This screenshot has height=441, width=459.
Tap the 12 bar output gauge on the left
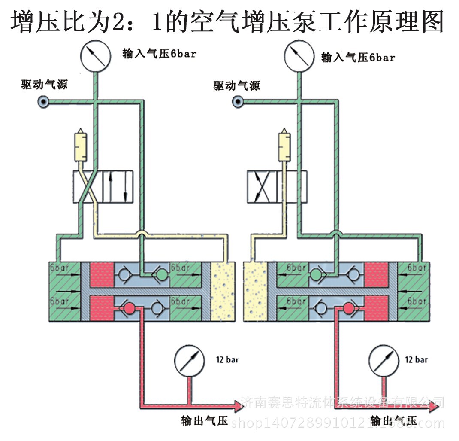190,360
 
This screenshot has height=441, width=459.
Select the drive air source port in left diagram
43,102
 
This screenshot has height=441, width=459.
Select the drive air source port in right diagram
237,102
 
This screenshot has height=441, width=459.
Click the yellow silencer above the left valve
80,146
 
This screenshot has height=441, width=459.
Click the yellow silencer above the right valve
284,146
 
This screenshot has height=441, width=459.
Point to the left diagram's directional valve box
103,187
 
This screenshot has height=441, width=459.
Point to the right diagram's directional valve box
277,187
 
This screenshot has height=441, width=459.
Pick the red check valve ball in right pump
348,307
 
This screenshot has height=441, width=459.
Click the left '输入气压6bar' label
160,54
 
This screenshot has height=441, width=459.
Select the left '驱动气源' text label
45,84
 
